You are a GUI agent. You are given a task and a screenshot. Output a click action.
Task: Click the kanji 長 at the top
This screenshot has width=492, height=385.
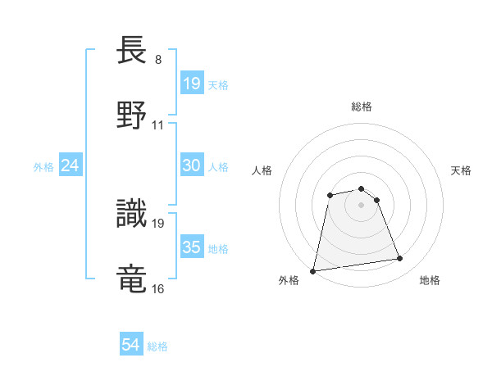[x=133, y=52]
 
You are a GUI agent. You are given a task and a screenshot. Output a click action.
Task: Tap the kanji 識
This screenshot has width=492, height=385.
[x=133, y=211]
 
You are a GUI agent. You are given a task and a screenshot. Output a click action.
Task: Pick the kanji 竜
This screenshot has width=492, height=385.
[x=133, y=277]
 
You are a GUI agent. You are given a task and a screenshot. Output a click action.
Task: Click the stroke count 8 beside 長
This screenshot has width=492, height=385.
[x=158, y=60]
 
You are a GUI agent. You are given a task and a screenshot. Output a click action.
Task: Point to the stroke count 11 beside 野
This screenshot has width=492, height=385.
[x=158, y=125]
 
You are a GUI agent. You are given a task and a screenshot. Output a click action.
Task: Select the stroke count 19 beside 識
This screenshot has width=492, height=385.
[x=158, y=222]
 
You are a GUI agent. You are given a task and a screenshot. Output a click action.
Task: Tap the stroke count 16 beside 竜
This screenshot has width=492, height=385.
[x=158, y=288]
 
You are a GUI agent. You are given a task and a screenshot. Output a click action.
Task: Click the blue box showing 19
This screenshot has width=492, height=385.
[x=192, y=83]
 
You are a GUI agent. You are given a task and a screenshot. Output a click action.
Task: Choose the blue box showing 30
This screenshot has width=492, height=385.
[x=192, y=165]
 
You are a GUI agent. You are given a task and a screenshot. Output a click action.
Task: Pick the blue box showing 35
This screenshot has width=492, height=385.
[x=192, y=247]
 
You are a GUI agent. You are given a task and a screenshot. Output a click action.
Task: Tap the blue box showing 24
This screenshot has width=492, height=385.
[x=70, y=165]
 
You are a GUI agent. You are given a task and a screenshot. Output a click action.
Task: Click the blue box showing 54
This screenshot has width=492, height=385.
[x=131, y=345]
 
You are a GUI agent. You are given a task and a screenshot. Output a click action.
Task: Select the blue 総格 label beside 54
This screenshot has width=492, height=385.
[x=157, y=346]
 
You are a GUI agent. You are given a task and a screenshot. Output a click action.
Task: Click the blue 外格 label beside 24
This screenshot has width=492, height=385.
[x=43, y=167]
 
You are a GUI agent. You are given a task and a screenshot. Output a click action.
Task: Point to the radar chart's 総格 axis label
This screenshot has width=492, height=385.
[x=362, y=106]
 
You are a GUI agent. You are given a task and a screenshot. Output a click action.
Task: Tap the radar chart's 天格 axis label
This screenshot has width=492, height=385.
[x=462, y=170]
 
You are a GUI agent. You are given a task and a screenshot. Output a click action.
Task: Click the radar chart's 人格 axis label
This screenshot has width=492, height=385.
[x=262, y=170]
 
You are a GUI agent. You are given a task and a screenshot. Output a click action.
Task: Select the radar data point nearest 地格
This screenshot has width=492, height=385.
[x=400, y=259]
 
